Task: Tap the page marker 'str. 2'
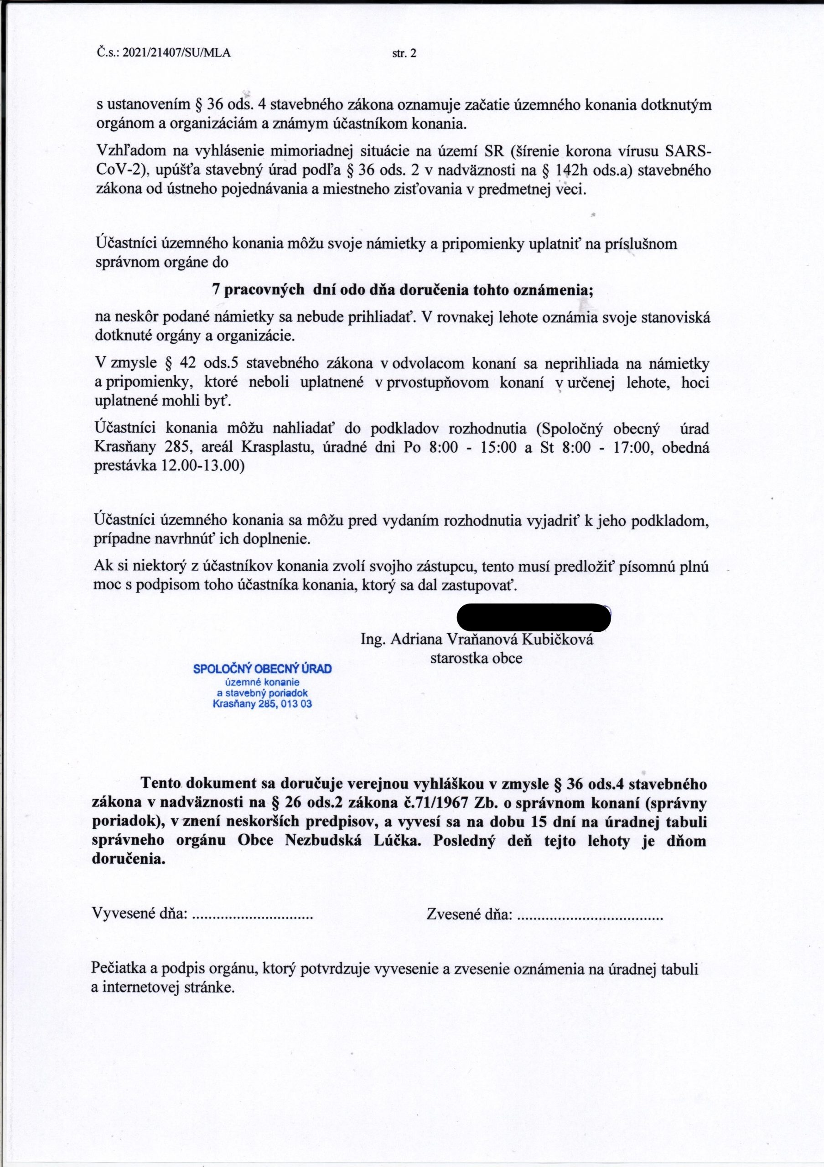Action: pyautogui.click(x=404, y=53)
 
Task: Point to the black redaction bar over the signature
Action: pyautogui.click(x=533, y=617)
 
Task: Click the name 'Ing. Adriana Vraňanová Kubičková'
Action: pyautogui.click(x=477, y=640)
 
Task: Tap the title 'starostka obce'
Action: pyautogui.click(x=477, y=658)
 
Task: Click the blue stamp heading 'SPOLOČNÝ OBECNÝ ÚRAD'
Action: pyautogui.click(x=262, y=669)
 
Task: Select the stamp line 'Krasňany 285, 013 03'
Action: pyautogui.click(x=262, y=704)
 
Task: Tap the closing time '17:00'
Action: pyautogui.click(x=633, y=448)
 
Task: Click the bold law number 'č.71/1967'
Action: pyautogui.click(x=435, y=803)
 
